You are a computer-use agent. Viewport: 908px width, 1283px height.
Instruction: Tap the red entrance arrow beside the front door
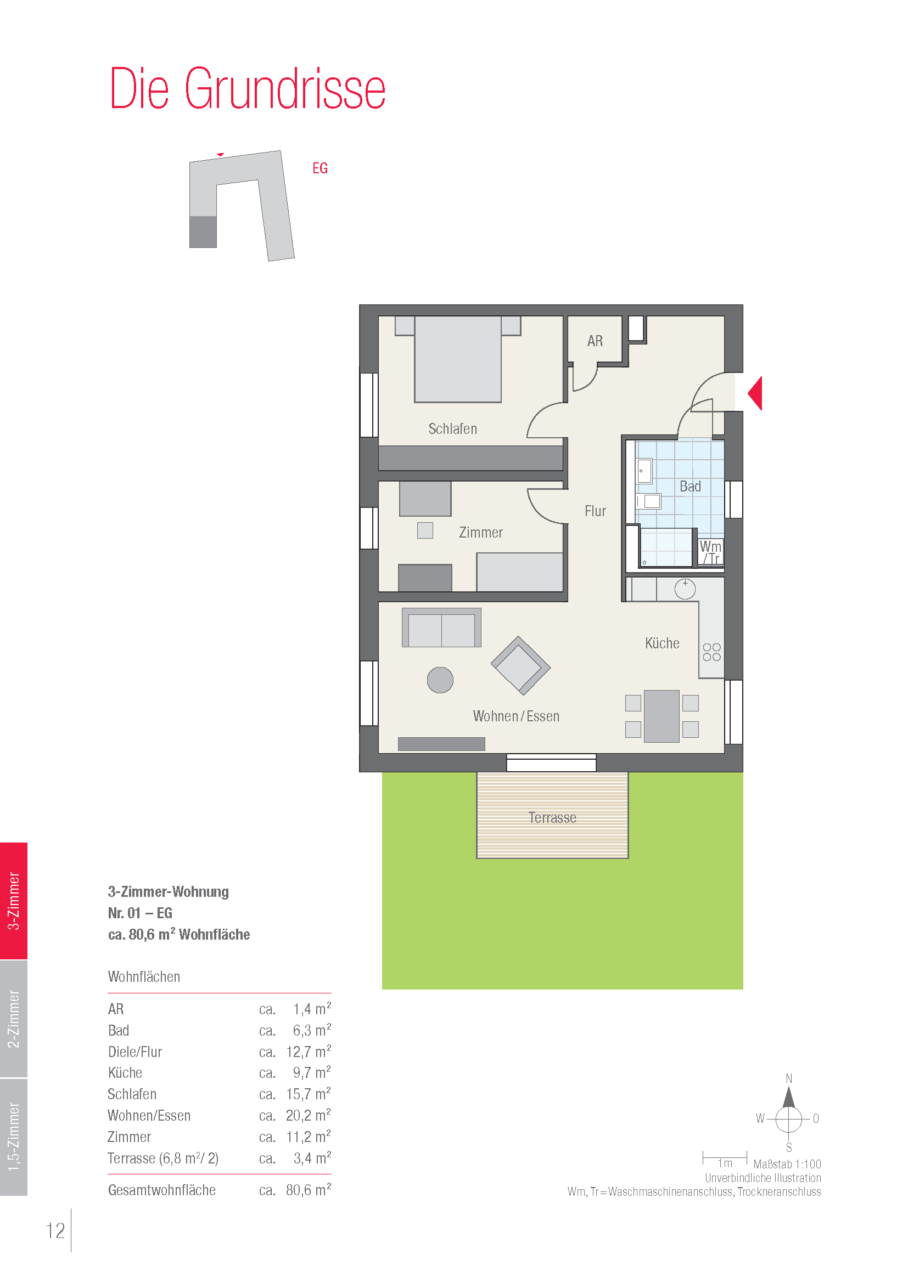pyautogui.click(x=756, y=393)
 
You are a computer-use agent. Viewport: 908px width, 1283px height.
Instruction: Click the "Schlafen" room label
pyautogui.click(x=453, y=428)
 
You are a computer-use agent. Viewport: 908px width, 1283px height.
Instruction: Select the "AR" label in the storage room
pyautogui.click(x=595, y=341)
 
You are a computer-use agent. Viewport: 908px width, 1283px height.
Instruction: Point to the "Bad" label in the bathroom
pyautogui.click(x=690, y=486)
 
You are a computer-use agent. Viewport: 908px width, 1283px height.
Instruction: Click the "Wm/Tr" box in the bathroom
pyautogui.click(x=710, y=551)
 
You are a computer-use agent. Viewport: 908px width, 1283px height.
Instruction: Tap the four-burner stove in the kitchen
pyautogui.click(x=712, y=652)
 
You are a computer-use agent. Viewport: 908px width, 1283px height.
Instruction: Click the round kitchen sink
pyautogui.click(x=685, y=589)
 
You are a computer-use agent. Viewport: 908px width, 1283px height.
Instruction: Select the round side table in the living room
pyautogui.click(x=440, y=680)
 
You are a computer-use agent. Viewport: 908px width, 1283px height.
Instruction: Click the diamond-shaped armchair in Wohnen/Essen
pyautogui.click(x=520, y=665)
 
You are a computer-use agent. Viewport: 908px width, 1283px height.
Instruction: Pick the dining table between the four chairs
pyautogui.click(x=662, y=716)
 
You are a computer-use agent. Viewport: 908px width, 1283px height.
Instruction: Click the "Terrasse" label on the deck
pyautogui.click(x=552, y=817)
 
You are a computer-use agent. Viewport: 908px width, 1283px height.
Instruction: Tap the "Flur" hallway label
pyautogui.click(x=596, y=511)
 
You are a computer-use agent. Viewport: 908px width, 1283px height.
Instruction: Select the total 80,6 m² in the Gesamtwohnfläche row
pyautogui.click(x=308, y=1190)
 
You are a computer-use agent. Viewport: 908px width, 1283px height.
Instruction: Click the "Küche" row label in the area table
pyautogui.click(x=125, y=1072)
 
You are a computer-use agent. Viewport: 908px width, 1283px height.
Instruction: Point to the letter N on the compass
pyautogui.click(x=789, y=1078)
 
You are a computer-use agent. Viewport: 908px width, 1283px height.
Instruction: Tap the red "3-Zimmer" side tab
pyautogui.click(x=13, y=901)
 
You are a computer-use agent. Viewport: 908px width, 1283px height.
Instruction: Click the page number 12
pyautogui.click(x=55, y=1230)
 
